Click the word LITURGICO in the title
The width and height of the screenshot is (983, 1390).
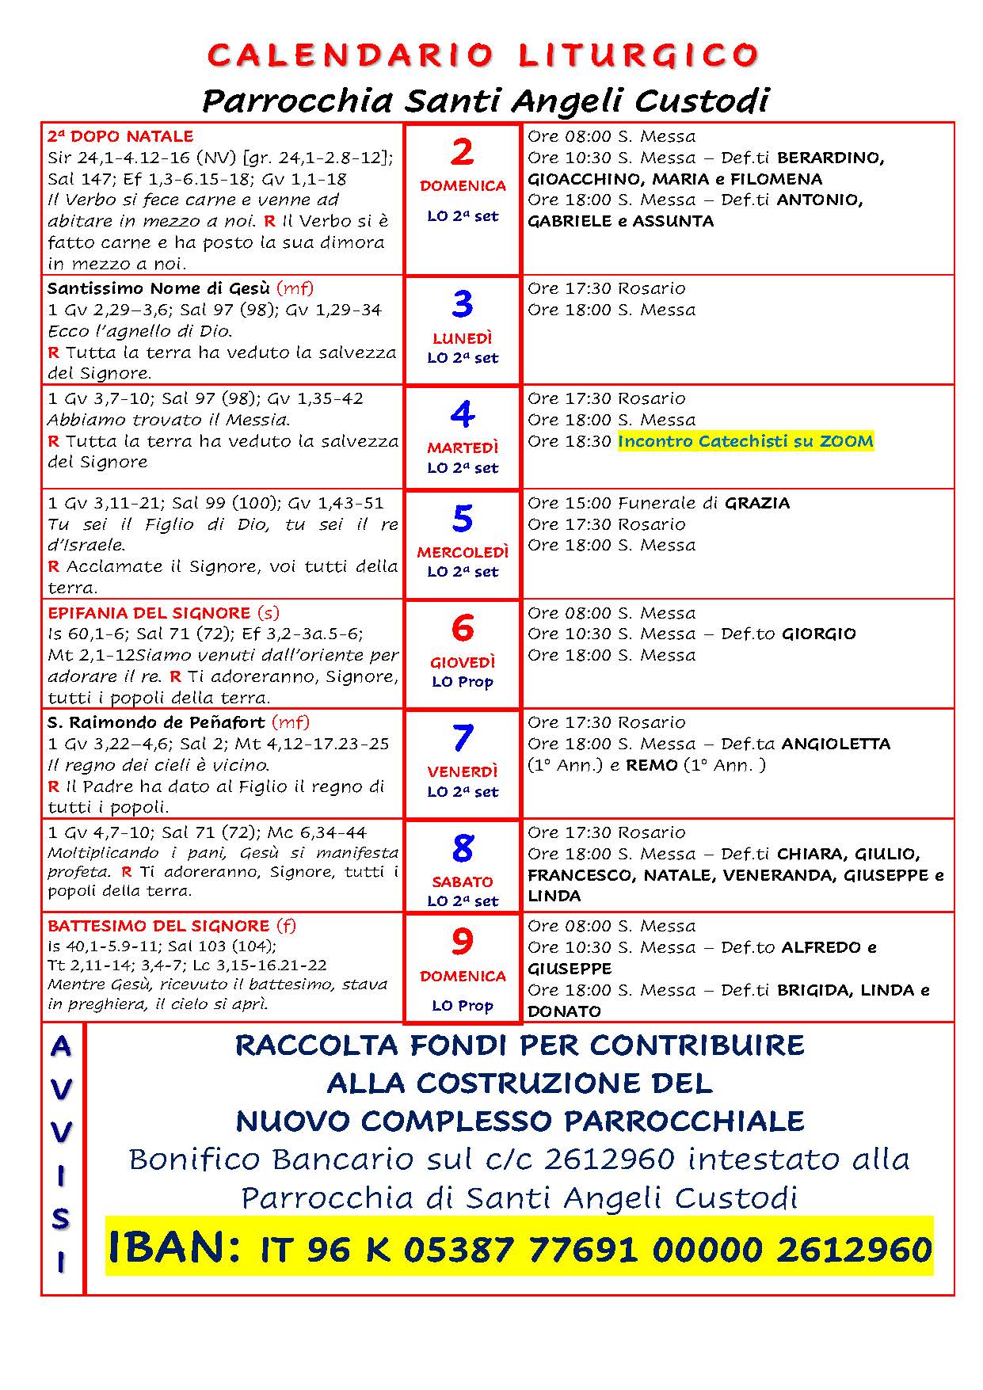point(638,55)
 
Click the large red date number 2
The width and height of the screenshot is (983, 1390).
point(462,151)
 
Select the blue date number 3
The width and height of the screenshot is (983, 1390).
point(462,304)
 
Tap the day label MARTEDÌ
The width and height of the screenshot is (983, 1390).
point(463,447)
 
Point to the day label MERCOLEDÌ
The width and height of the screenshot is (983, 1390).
point(463,552)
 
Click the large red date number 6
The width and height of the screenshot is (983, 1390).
point(462,628)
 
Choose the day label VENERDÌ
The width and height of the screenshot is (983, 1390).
point(463,771)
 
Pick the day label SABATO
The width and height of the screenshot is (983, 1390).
point(463,882)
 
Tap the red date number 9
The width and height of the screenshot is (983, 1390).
point(462,942)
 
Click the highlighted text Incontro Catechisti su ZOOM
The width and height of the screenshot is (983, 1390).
point(745,441)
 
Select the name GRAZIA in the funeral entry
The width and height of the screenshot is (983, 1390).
point(757,503)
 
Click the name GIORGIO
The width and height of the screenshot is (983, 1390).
point(819,634)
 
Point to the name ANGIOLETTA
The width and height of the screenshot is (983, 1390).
point(836,744)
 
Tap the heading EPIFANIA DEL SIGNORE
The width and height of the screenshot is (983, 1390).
point(149,613)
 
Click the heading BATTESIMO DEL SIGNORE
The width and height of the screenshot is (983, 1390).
point(158,926)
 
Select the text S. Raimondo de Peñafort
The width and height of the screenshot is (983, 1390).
point(157,722)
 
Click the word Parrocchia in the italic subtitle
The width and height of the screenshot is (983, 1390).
point(297,101)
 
